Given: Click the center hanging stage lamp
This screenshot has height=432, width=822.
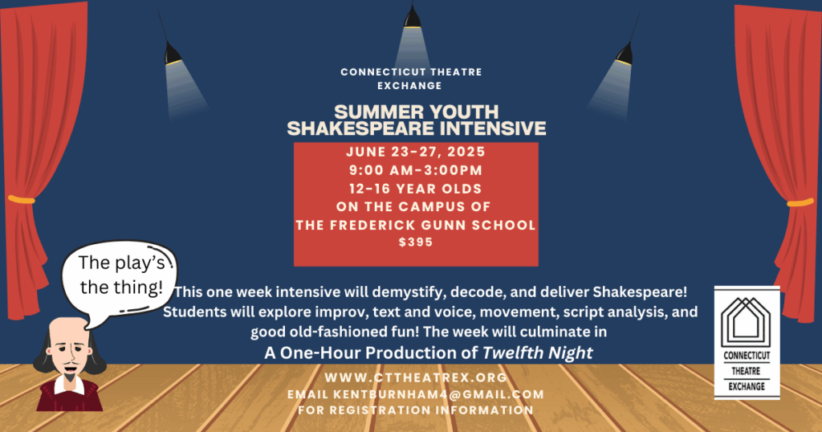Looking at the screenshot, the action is coord(413,18).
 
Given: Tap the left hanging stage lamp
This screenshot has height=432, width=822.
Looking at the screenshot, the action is coord(173,54).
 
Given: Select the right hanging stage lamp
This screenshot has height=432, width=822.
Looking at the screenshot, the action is coord(624,54).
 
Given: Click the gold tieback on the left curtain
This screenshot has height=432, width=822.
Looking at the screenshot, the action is coord(22,199).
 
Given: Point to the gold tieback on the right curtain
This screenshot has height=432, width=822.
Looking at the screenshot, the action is coord(800,202).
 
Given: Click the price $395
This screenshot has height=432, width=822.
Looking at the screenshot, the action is coord(416,242).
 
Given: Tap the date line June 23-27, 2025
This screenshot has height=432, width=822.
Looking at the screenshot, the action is coord(416,152).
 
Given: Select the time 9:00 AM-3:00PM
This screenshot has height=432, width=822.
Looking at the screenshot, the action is coord(416,170).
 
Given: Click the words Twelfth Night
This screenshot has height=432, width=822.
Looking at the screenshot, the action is coord(537,353).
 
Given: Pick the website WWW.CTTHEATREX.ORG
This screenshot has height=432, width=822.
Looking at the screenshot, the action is coord(416,377).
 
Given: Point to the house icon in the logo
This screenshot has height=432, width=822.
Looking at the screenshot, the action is coord(746,320).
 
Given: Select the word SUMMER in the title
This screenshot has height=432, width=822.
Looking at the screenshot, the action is coord(372,112).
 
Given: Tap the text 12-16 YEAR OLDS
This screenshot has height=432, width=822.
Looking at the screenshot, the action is coord(416,189).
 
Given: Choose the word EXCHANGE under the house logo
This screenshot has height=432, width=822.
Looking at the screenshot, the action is coord(747,386).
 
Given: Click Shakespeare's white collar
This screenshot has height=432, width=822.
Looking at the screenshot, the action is coord(69,385).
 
